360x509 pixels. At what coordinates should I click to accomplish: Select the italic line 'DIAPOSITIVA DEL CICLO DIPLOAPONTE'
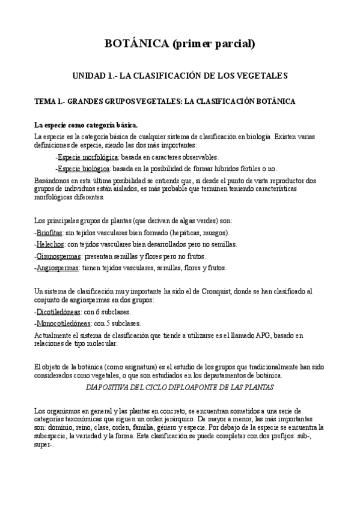[180, 387]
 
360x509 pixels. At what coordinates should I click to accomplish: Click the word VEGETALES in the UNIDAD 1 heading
[263, 76]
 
